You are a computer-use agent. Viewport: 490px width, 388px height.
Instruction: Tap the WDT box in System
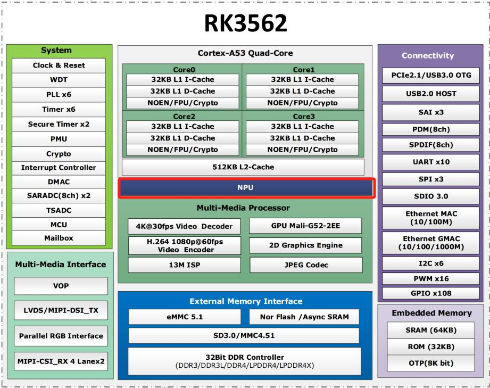[x=59, y=80]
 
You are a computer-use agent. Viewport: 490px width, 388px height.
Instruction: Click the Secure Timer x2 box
[x=59, y=124]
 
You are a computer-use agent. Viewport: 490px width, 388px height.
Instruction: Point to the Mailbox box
[x=59, y=238]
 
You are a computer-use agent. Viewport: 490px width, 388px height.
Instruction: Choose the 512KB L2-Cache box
[x=244, y=167]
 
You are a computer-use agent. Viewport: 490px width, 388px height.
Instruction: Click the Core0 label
[x=184, y=70]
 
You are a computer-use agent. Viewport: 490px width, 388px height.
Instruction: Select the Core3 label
[x=304, y=116]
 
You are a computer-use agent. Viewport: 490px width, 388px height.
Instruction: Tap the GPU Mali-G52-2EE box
[x=305, y=226]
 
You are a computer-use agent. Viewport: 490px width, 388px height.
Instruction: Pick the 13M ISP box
[x=184, y=265]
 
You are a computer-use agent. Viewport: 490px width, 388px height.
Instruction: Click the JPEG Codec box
[x=305, y=265]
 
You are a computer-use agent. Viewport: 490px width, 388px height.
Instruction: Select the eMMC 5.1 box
[x=184, y=317]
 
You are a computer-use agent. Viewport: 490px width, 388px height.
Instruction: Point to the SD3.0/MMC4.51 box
[x=244, y=335]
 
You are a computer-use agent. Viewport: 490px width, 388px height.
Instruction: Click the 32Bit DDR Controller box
[x=244, y=360]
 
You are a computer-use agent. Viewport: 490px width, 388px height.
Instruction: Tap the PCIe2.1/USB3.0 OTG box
[x=431, y=75]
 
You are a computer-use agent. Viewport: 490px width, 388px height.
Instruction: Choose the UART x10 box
[x=431, y=161]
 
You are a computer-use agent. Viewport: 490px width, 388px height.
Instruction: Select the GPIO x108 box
[x=431, y=293]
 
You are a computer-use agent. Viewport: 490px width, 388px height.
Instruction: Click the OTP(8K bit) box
[x=431, y=363]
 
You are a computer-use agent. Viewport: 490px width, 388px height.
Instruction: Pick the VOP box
[x=61, y=286]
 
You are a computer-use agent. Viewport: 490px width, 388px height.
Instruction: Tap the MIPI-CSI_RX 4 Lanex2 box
[x=61, y=361]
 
